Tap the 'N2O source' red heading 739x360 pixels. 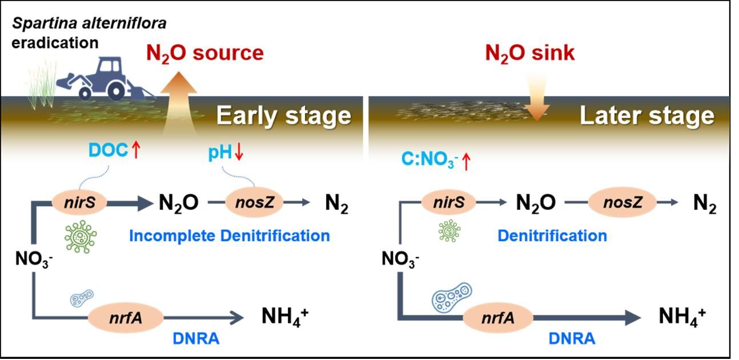click(x=205, y=54)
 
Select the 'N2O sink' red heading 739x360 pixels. click(x=530, y=54)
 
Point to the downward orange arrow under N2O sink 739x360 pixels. click(x=537, y=99)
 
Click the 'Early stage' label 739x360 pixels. click(x=284, y=115)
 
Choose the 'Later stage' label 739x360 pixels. click(x=647, y=115)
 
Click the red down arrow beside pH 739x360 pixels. click(x=239, y=152)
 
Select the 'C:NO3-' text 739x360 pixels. click(x=429, y=159)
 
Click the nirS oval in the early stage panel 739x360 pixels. click(x=79, y=202)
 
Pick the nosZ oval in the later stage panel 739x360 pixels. click(x=622, y=202)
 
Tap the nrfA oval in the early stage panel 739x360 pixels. click(x=126, y=318)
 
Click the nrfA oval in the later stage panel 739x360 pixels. click(x=498, y=318)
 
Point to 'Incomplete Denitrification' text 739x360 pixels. click(x=230, y=236)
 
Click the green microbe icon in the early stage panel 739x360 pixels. click(x=81, y=237)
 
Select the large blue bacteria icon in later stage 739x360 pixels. click(x=452, y=297)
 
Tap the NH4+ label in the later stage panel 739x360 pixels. click(x=682, y=317)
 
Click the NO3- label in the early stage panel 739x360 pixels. click(x=34, y=259)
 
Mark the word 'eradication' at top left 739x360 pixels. click(x=55, y=43)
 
